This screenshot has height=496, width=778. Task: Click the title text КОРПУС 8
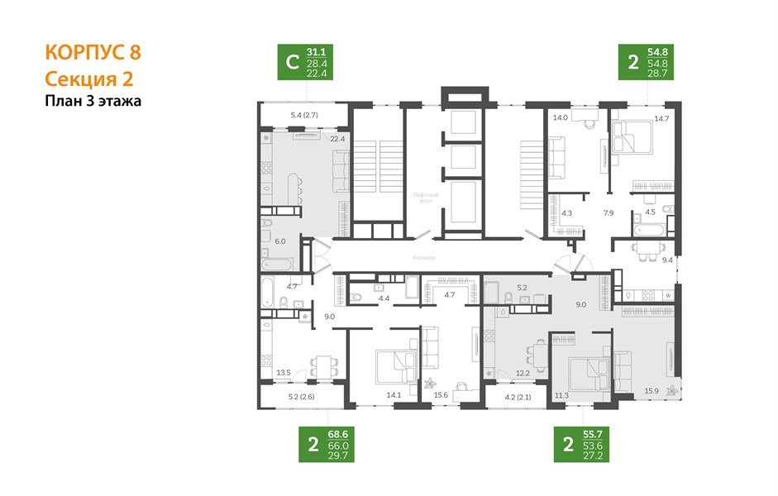92,52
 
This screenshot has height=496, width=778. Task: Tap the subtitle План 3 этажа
93,102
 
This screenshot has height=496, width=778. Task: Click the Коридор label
422,258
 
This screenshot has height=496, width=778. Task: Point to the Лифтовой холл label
424,197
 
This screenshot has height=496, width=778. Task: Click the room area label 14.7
661,118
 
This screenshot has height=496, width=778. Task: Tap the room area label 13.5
284,373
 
